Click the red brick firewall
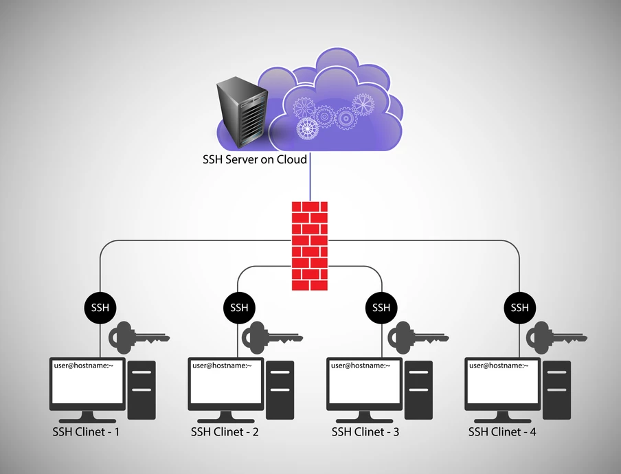click(310, 246)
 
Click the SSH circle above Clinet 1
click(100, 307)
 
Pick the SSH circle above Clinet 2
click(239, 307)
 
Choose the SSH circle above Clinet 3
click(381, 307)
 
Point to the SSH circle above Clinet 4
click(520, 307)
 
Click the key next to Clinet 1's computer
click(137, 337)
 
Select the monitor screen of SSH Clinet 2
click(226, 383)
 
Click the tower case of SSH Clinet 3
click(419, 390)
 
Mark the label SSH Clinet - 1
click(86, 432)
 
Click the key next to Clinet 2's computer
click(276, 337)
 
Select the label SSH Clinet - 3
click(365, 432)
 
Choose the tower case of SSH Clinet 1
click(142, 390)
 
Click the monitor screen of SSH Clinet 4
click(502, 383)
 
